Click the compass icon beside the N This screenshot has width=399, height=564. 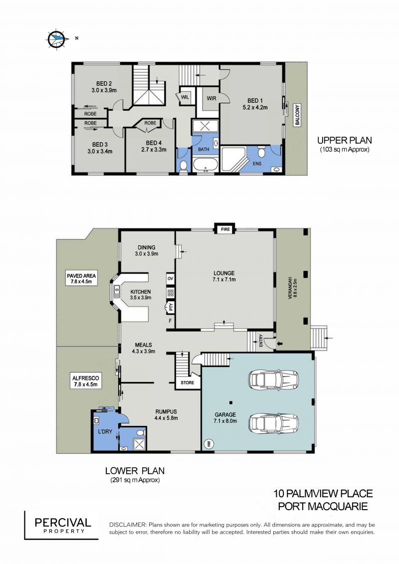coord(57,38)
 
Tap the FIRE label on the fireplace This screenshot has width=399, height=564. coord(225,229)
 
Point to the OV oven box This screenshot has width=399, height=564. coord(170,278)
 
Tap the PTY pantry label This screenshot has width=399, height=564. coord(171,307)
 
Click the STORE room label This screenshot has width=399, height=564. coord(187,382)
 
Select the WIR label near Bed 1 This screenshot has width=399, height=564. coord(211,98)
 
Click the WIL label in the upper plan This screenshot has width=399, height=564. coord(185,97)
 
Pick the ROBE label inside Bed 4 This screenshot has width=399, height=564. coord(151,123)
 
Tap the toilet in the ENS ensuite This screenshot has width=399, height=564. coord(262,153)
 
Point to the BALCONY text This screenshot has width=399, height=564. coord(298,114)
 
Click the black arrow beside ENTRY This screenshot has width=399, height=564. coord(280,344)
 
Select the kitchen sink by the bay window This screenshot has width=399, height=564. coord(117,291)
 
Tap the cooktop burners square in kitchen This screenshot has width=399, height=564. coord(171,293)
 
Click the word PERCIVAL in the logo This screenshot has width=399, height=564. coord(63,522)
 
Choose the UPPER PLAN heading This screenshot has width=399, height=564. coord(344,140)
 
